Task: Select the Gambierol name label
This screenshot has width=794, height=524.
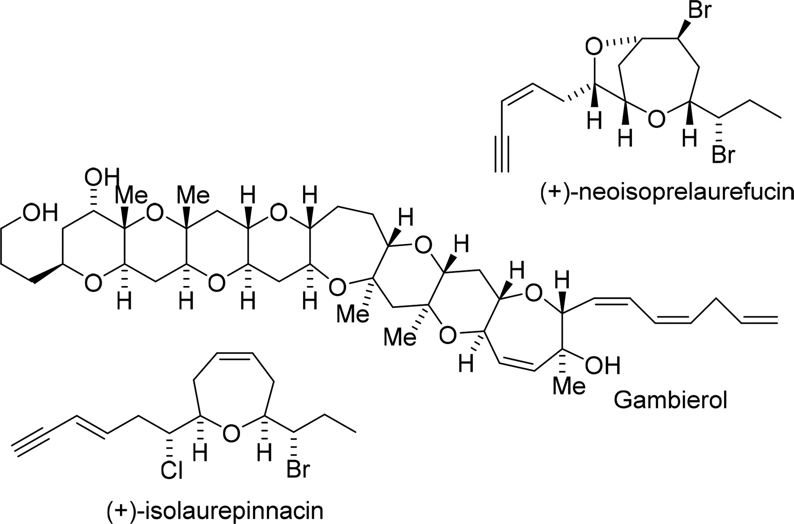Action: (670, 400)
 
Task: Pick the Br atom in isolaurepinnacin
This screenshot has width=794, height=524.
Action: (298, 470)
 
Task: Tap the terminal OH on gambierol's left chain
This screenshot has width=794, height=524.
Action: (41, 213)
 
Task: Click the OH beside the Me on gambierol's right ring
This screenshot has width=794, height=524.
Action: (603, 366)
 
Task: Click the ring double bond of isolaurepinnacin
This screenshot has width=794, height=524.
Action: (235, 355)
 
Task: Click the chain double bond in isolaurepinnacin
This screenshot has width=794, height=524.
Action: (90, 426)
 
